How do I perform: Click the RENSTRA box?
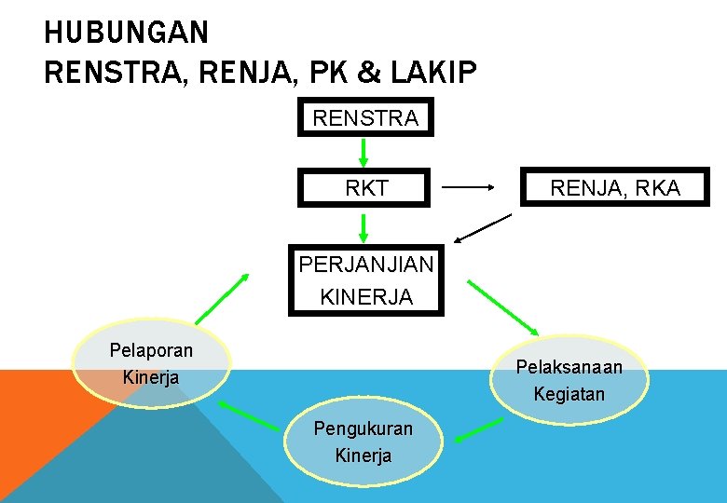point(365,117)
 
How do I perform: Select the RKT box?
point(365,187)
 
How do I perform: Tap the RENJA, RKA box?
point(615,187)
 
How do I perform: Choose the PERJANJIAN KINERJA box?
point(365,279)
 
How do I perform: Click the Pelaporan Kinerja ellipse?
point(151,363)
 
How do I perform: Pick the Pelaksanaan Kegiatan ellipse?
point(569,380)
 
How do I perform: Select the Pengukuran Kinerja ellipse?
point(363,442)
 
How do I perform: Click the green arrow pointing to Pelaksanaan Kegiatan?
point(503,306)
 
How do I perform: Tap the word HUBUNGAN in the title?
point(126,34)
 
